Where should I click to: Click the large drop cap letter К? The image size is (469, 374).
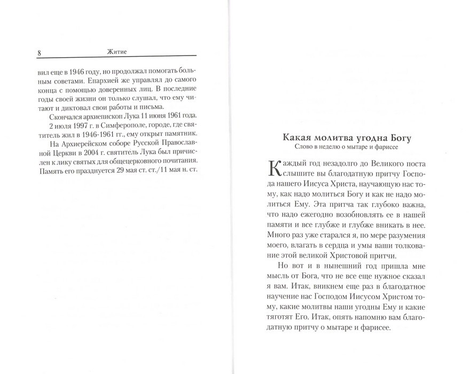pyautogui.click(x=277, y=171)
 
